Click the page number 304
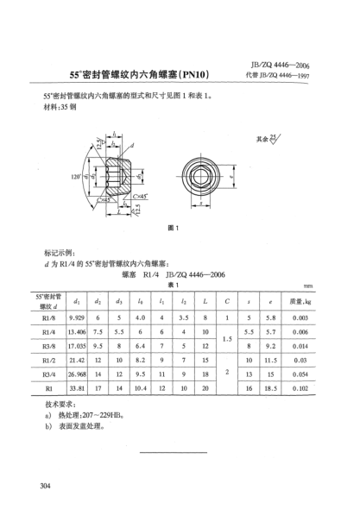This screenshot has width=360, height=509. click(47, 488)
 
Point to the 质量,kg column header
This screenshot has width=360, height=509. click(326, 301)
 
